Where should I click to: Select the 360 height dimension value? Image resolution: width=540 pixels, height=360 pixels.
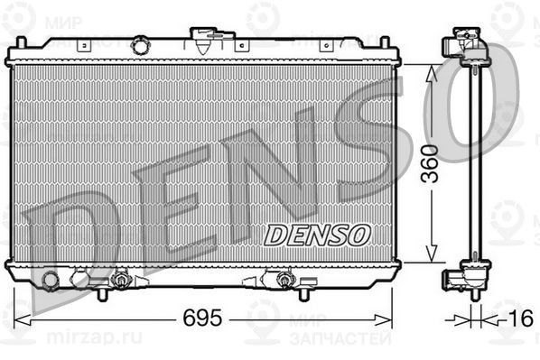tap(433, 162)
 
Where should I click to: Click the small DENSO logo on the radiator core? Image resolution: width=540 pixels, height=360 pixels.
tap(318, 235)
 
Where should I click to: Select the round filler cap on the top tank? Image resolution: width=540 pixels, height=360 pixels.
tap(140, 45)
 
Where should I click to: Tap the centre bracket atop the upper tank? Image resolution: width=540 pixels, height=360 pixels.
tap(212, 40)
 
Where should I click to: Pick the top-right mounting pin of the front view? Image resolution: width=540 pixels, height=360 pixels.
tap(386, 44)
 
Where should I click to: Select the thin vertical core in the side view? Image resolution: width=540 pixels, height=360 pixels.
tap(470, 162)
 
